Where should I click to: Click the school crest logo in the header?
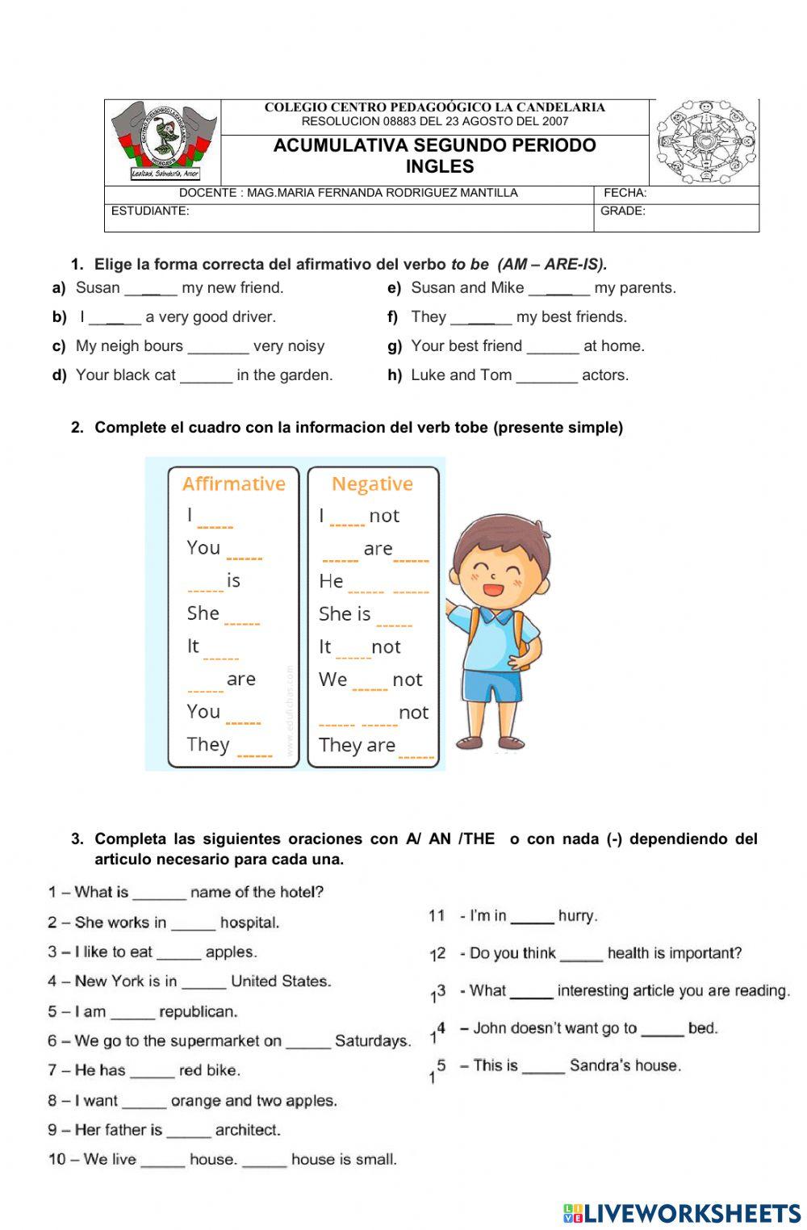163,141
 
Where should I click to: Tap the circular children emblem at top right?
705,142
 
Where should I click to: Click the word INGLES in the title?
439,167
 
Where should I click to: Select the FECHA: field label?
625,193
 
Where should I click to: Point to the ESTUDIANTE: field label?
150,211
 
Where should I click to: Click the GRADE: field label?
622,211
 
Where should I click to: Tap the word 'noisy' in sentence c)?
306,346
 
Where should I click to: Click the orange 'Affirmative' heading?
234,483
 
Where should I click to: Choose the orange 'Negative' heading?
372,483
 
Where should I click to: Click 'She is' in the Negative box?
345,614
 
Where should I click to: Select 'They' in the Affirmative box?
208,744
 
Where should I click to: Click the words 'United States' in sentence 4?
280,981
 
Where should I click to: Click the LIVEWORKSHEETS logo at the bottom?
682,1212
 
